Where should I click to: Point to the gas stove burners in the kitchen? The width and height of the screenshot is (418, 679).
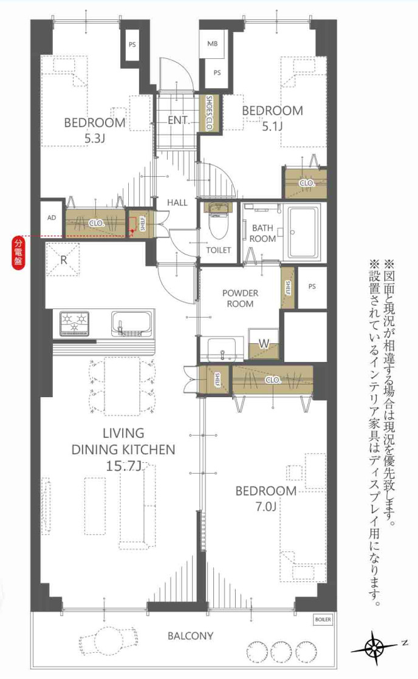click(74, 323)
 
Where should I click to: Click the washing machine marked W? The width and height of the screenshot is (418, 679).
click(264, 344)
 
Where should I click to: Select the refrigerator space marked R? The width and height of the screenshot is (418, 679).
click(63, 259)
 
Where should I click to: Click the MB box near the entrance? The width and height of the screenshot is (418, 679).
click(212, 44)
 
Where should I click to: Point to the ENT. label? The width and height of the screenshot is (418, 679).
click(179, 121)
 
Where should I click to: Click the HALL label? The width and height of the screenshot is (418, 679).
click(177, 202)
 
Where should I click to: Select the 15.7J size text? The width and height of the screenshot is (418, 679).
click(123, 466)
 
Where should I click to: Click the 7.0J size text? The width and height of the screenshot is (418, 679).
click(266, 506)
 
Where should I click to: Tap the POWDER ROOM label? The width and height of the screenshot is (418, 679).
click(240, 298)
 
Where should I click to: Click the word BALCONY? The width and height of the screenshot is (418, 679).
click(190, 636)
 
